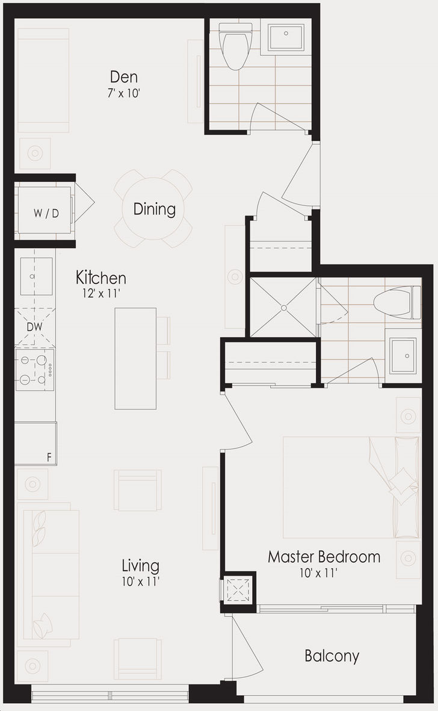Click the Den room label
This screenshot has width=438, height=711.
(124, 77)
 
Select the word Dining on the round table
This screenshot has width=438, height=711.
(154, 209)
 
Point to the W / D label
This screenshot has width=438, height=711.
(46, 213)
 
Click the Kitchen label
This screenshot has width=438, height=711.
(101, 277)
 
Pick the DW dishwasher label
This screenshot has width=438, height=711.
(35, 326)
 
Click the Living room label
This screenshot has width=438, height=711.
(140, 566)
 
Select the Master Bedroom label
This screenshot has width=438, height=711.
(324, 556)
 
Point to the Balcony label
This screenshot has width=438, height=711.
(332, 656)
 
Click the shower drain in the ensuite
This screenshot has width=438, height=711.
(283, 308)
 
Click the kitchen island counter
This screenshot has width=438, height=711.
(135, 359)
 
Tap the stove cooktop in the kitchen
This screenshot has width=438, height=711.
(35, 370)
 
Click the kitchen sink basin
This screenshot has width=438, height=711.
(36, 276)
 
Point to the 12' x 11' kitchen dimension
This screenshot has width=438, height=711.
(101, 293)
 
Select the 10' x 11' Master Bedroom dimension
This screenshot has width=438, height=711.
(318, 573)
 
